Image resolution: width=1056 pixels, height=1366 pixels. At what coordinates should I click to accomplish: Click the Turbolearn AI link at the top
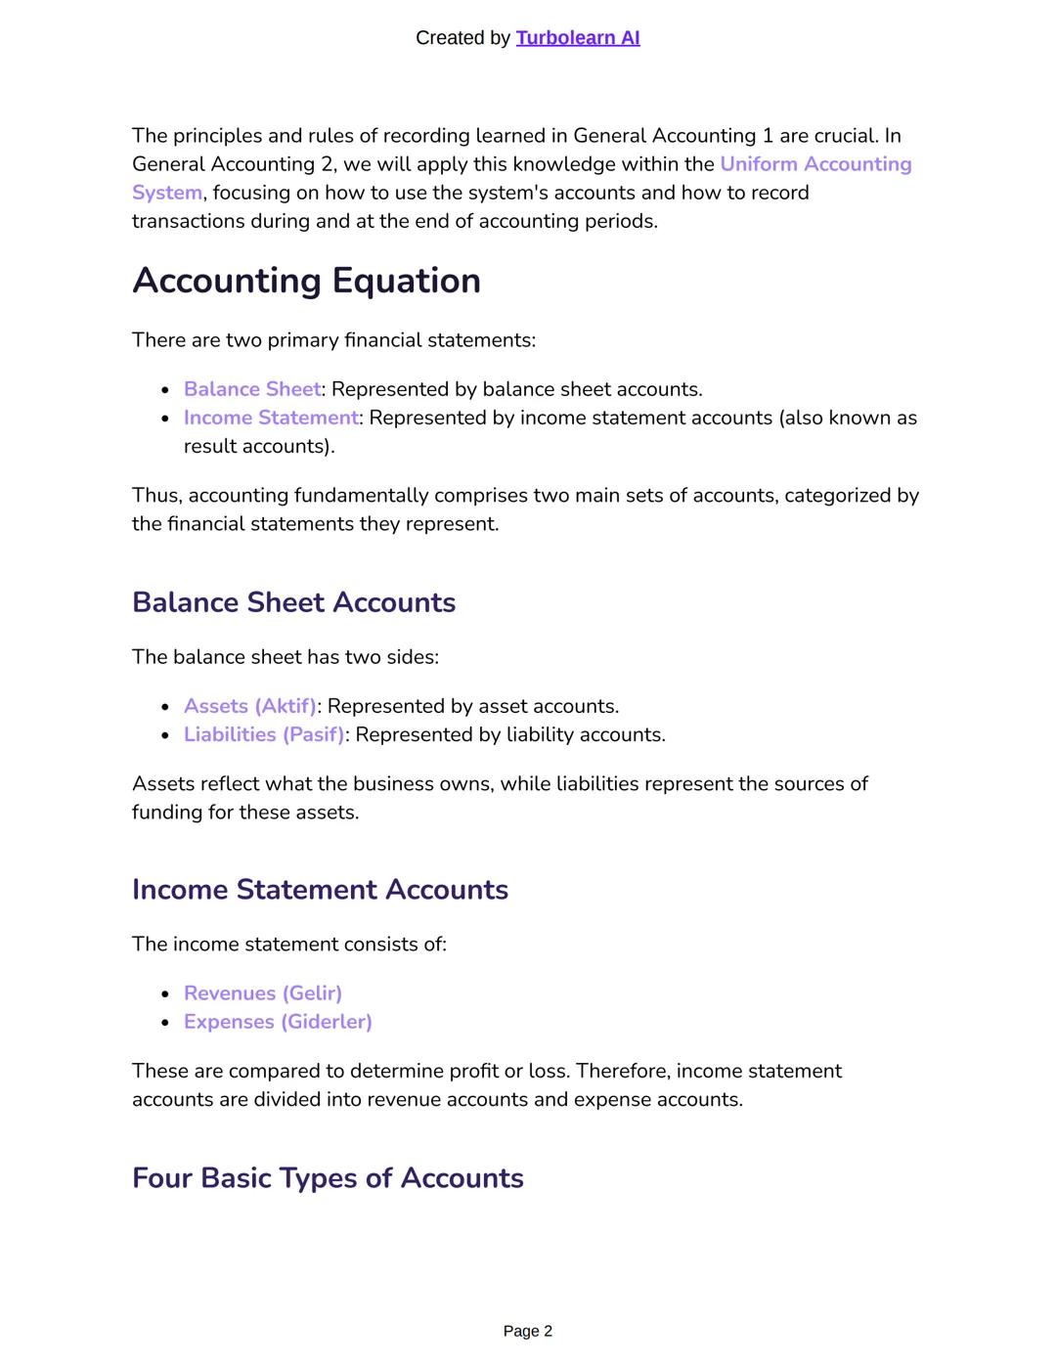[x=577, y=38]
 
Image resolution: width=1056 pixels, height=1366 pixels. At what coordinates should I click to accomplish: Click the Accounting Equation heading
[x=306, y=281]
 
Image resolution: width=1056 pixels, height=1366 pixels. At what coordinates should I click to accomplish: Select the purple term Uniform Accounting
[x=815, y=164]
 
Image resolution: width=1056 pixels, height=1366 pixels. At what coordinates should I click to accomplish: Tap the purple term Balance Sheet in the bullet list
[x=251, y=389]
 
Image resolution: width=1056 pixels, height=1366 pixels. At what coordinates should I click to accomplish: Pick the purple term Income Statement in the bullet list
[x=271, y=418]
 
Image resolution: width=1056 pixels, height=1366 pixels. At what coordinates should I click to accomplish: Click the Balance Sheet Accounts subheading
[x=293, y=602]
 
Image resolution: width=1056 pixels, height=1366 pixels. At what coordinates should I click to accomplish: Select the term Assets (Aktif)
[x=249, y=706]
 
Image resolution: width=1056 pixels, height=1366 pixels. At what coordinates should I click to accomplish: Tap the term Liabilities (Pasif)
[x=263, y=734]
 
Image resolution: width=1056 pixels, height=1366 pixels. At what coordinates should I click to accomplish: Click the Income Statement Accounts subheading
[x=320, y=890]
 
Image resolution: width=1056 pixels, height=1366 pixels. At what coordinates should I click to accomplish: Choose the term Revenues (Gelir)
[x=262, y=993]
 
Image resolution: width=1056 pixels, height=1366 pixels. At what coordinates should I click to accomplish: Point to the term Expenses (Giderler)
[x=278, y=1022]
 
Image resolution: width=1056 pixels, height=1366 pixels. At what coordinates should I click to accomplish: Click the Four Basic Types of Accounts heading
[x=328, y=1178]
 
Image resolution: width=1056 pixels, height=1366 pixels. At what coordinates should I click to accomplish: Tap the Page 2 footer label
[x=527, y=1331]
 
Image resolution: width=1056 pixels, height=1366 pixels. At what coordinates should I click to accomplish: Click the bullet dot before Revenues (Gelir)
[x=165, y=994]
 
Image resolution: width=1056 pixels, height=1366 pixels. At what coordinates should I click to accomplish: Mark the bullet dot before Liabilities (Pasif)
[x=165, y=735]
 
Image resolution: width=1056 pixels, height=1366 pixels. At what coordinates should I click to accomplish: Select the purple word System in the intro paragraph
[x=167, y=193]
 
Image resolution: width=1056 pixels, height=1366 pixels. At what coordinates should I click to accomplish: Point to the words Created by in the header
[x=462, y=38]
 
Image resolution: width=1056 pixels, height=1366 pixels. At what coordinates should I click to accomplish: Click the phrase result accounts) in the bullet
[x=259, y=446]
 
